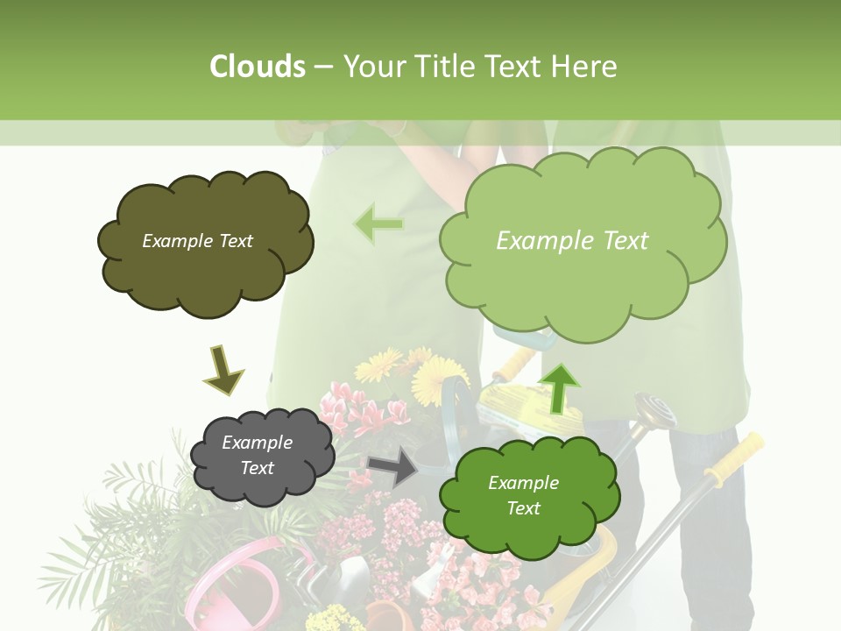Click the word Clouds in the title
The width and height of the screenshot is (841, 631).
(258, 67)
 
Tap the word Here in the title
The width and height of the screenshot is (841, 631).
(585, 67)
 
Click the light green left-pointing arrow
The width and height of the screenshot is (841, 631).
(378, 224)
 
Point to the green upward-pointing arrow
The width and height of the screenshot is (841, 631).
(560, 386)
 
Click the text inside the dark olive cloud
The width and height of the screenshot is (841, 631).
(197, 241)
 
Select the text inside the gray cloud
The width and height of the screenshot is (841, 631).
(258, 456)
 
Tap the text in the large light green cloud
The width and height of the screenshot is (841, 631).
(572, 241)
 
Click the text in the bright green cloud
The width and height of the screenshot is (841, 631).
(523, 495)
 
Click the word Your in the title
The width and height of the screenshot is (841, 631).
(376, 67)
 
